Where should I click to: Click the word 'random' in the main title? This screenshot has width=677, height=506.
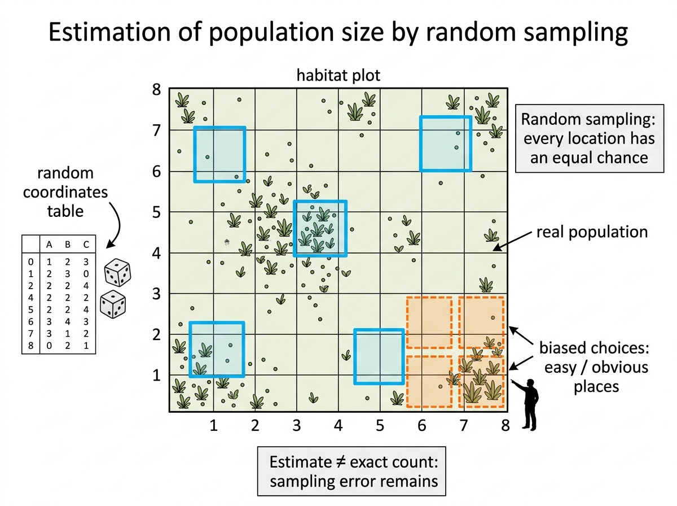[x=471, y=32]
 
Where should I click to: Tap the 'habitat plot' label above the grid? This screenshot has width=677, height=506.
[x=338, y=75]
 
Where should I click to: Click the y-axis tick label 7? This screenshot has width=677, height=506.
[x=157, y=130]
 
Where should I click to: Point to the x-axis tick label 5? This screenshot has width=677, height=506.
[x=380, y=425]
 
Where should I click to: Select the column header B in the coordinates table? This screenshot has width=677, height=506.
[x=68, y=245]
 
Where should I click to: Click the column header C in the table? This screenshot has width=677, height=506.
[x=86, y=245]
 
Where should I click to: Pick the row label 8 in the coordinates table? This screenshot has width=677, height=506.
[x=30, y=346]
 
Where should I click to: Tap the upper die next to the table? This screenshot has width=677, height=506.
[x=117, y=273]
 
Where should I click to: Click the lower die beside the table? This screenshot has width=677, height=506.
[x=113, y=304]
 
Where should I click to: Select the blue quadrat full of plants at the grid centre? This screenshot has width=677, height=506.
[x=320, y=229]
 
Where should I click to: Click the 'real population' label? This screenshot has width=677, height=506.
[x=592, y=232]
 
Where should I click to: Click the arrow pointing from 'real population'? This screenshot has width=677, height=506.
[x=512, y=241]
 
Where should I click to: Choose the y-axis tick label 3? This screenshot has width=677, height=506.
[x=157, y=294]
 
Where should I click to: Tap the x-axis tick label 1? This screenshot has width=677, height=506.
[x=213, y=425]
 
